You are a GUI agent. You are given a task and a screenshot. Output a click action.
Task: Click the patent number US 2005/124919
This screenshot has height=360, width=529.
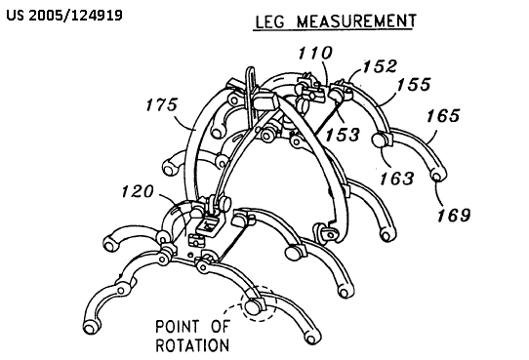pos(64,16)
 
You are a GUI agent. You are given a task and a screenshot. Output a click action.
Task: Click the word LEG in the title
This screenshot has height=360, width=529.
pos(269,21)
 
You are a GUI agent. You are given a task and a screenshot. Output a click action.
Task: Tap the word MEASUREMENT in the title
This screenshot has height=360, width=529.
pos(356,20)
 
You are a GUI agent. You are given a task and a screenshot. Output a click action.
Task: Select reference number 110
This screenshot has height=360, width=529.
pos(315,54)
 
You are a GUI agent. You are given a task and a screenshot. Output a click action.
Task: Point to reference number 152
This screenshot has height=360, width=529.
pos(380,66)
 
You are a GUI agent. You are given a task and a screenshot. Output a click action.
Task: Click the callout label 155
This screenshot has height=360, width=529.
pos(414,84)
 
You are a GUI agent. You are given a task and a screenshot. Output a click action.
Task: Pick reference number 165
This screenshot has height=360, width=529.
pos(443,116)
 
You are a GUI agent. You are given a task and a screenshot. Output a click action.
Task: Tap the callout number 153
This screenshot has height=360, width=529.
pos(343,135)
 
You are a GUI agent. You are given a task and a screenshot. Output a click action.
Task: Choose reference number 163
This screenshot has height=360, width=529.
pos(396,178)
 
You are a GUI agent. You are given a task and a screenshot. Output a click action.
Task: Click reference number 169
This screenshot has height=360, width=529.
pos(454,215)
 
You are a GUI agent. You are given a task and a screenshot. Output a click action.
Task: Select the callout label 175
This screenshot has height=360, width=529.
pos(161,104)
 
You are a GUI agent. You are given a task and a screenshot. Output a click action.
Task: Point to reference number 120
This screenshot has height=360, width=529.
pos(138,191)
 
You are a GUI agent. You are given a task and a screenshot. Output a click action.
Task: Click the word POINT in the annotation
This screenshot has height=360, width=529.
pos(178,326)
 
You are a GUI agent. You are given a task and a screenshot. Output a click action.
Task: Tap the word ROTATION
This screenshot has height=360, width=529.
pos(192,345)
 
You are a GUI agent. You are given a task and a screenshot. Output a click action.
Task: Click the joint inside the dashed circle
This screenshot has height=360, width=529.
pos(253,306)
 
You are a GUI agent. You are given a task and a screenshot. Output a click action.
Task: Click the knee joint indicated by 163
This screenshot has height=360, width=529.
pos(379,140)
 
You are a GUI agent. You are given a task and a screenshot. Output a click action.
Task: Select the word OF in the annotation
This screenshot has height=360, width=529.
pos(221,326)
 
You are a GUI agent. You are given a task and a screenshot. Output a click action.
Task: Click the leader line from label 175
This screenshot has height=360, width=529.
pos(184,122)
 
